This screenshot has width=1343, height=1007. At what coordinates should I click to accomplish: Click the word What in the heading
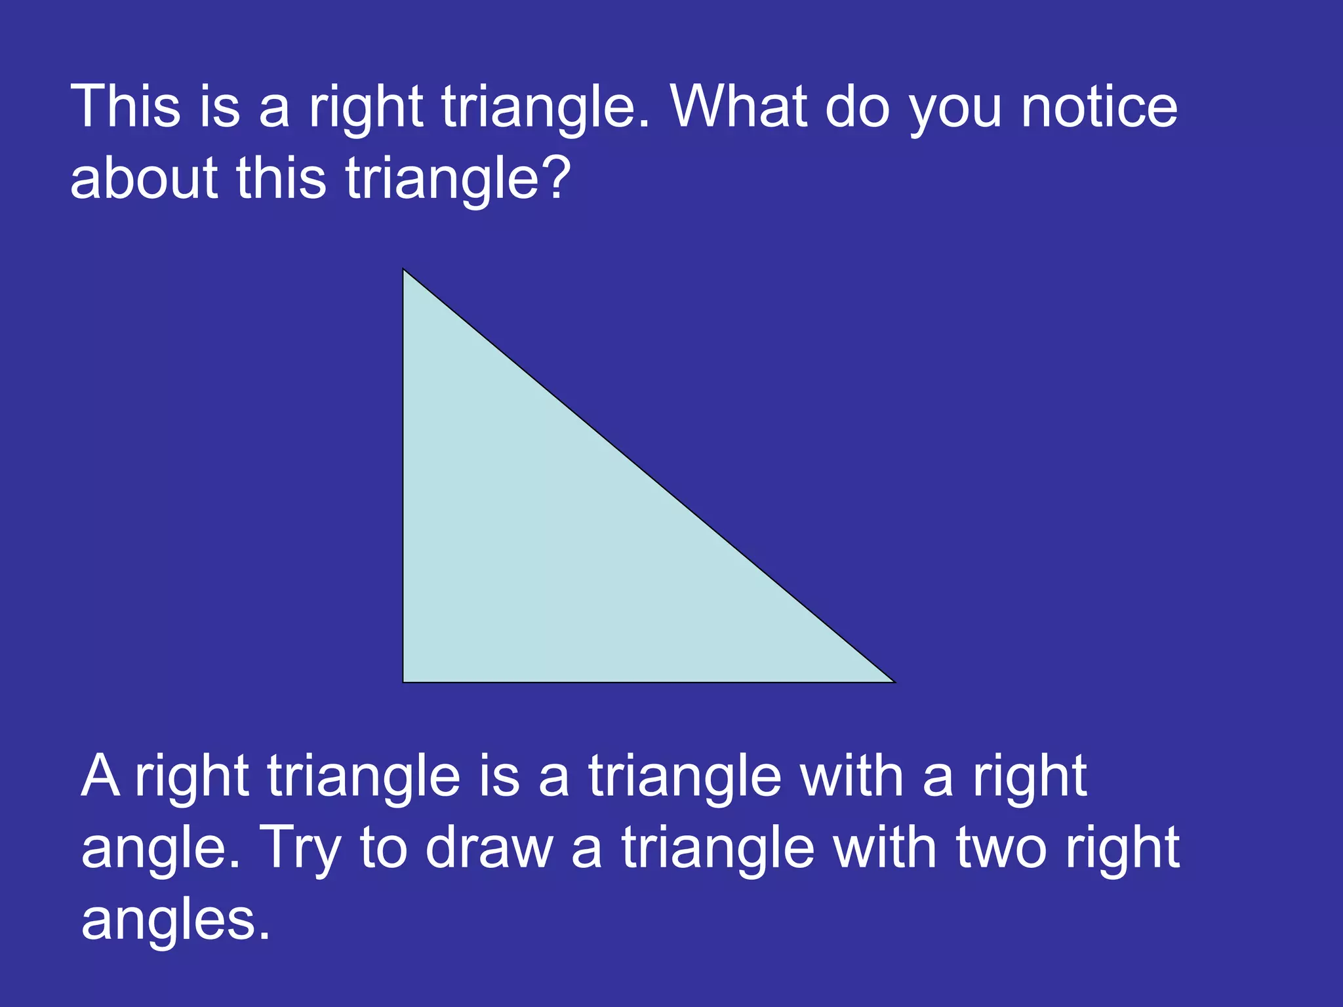(739, 106)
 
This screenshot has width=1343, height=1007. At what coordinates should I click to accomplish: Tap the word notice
(1099, 106)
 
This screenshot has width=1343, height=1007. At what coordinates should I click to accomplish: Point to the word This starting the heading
(125, 106)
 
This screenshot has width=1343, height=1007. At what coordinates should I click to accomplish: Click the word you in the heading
(955, 111)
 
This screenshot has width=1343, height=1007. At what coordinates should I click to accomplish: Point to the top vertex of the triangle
(404, 270)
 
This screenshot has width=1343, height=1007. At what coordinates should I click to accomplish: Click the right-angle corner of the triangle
(404, 681)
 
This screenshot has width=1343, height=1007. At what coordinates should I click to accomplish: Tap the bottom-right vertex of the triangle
(893, 681)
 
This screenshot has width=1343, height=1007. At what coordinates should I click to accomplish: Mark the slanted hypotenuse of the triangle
(649, 475)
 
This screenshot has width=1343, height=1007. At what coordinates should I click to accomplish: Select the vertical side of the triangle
(403, 475)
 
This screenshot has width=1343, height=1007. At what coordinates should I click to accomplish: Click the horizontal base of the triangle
(649, 682)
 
